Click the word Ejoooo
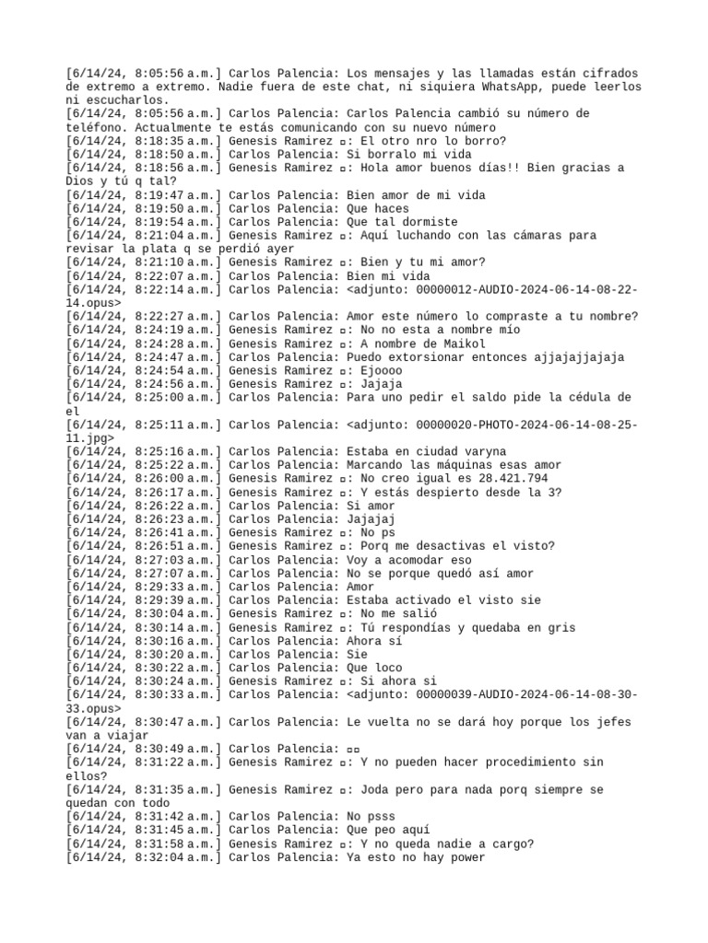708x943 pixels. point(384,370)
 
